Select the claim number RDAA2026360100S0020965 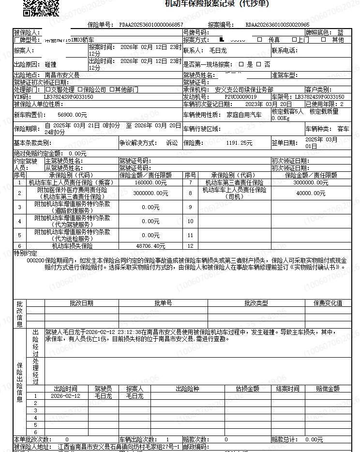[x=277, y=25]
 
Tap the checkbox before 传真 [x=260, y=40]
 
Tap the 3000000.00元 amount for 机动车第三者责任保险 [x=311, y=183]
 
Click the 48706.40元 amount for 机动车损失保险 [x=150, y=246]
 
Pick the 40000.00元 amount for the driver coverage [x=311, y=193]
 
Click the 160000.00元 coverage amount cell [x=150, y=183]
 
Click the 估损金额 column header [x=247, y=389]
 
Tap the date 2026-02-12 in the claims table [x=65, y=396]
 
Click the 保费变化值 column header [x=328, y=303]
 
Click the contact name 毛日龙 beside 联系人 [x=218, y=50]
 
